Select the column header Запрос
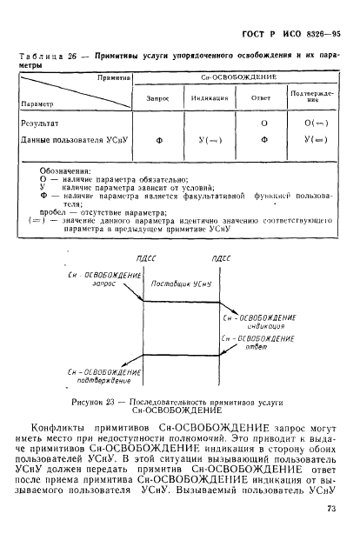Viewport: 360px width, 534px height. click(157, 97)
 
